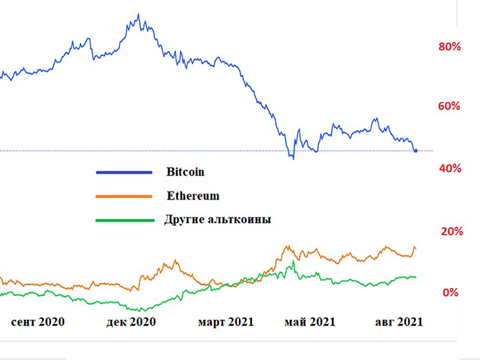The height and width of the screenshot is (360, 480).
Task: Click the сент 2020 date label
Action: coord(38,321)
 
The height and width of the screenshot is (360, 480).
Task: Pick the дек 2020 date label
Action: coord(130,321)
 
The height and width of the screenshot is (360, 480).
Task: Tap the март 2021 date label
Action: coord(226,321)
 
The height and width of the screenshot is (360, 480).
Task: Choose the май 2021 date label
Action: coord(310,321)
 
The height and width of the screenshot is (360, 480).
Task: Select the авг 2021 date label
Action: coord(399,321)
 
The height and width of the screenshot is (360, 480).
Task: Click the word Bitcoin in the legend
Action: coord(186,172)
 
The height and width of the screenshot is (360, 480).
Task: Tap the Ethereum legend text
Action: coord(193,195)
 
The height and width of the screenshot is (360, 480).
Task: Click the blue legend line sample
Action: coord(124,172)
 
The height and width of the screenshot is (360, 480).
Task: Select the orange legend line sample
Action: coord(124,196)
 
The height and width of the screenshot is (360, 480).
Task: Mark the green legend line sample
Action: coord(124,220)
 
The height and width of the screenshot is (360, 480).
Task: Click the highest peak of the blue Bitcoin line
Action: coord(138,14)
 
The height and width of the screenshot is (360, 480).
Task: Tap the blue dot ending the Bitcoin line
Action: coord(415,150)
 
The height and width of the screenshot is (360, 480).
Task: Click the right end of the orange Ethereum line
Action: coord(415,250)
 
